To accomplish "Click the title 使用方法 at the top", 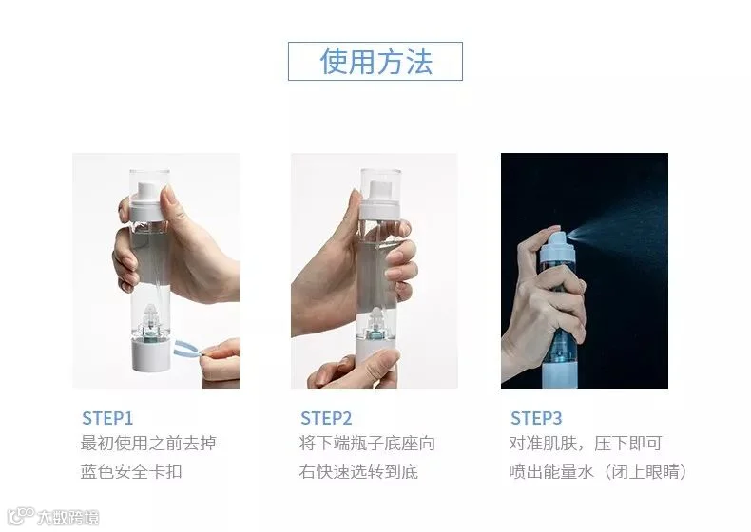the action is click(x=376, y=62).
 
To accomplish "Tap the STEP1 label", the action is click(x=107, y=418).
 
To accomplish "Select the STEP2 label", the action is click(x=326, y=418).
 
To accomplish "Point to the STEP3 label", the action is click(x=536, y=418).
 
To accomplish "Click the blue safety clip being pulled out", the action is click(x=188, y=349).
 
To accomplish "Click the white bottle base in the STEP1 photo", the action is click(x=150, y=354).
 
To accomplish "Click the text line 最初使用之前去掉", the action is click(x=148, y=443).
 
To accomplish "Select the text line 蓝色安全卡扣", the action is click(x=131, y=471).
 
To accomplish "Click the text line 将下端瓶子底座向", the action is click(x=367, y=443).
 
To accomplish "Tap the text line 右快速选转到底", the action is click(x=358, y=471).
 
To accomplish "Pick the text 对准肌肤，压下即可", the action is click(x=586, y=443).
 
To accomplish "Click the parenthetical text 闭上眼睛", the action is click(x=645, y=471).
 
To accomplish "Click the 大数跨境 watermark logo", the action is click(x=53, y=517).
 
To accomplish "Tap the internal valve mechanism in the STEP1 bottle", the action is click(x=151, y=320).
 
